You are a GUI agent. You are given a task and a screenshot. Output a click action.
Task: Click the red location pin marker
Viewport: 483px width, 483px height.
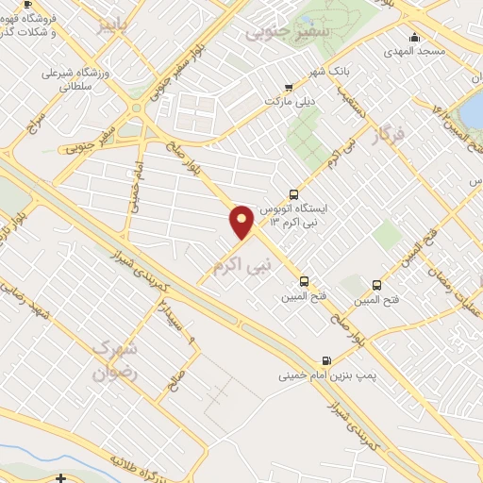click(x=242, y=221)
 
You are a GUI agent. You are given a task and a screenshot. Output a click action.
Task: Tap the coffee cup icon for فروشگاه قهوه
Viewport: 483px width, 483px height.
click(x=26, y=5)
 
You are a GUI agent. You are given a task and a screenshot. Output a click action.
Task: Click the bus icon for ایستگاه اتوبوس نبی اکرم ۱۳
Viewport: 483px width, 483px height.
click(x=294, y=193)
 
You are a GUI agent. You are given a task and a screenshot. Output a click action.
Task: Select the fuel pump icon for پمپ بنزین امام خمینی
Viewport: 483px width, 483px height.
click(x=326, y=359)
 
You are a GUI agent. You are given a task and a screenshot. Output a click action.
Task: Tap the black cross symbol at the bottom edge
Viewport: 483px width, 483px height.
click(x=61, y=478)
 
